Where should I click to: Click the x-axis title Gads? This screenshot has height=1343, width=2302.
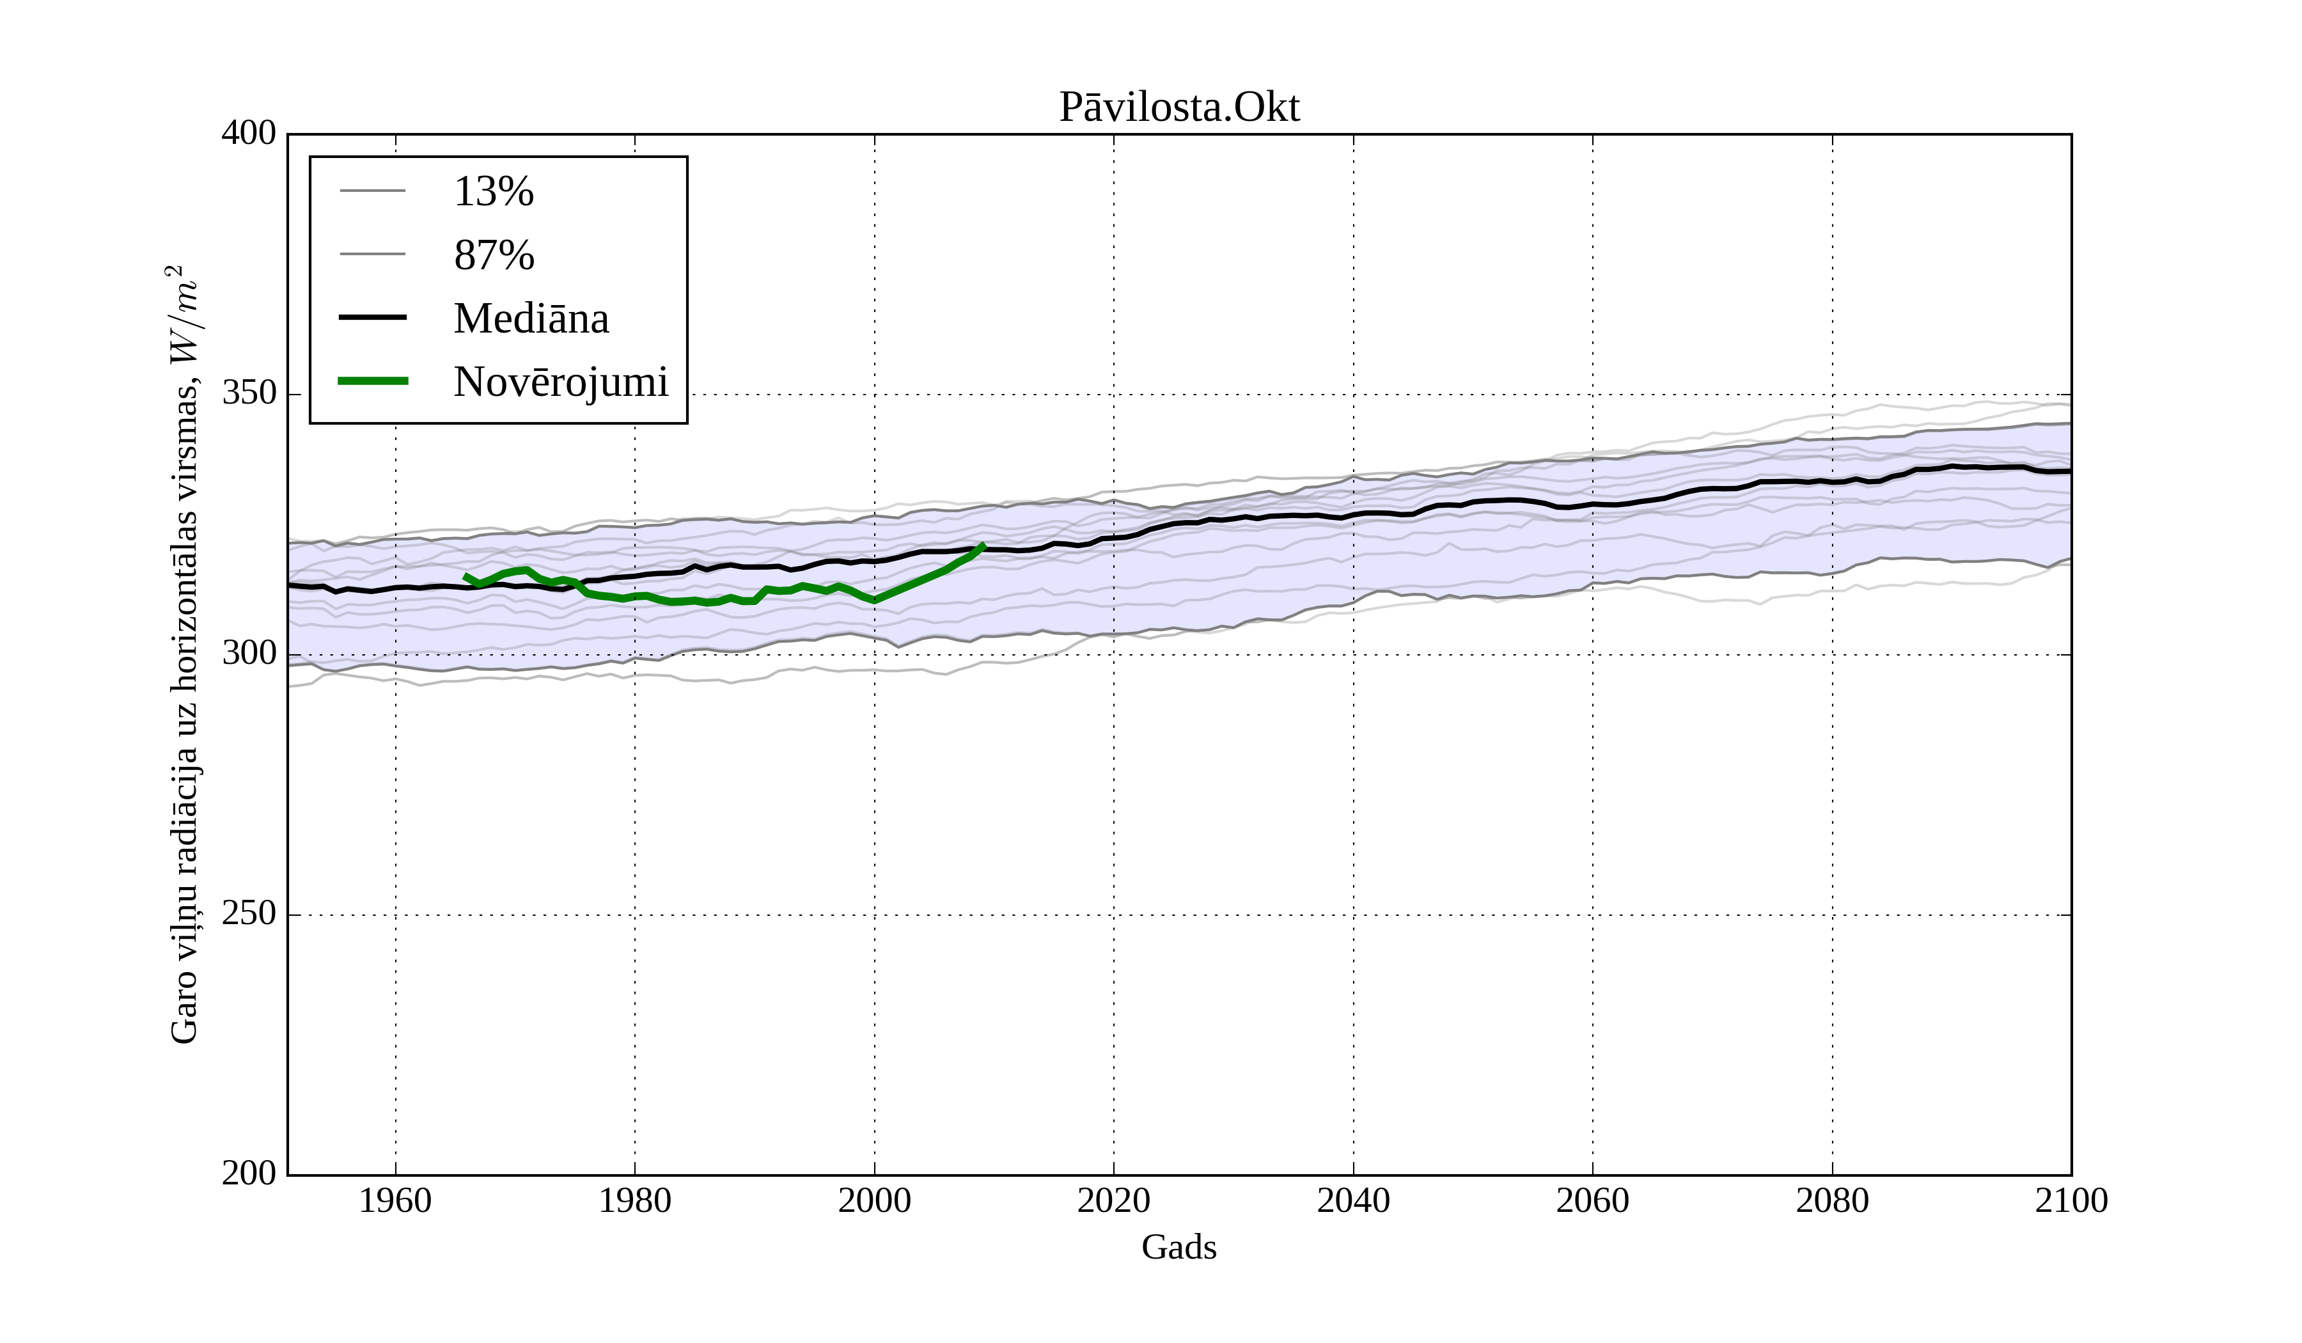click(1178, 1248)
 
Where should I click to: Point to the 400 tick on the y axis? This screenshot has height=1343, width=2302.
click(249, 134)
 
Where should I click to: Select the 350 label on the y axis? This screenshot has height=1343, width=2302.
click(249, 394)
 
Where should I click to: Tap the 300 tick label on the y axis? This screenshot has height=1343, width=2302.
click(249, 654)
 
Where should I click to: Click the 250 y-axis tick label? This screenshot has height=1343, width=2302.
click(249, 914)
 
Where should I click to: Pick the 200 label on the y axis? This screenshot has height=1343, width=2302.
click(249, 1174)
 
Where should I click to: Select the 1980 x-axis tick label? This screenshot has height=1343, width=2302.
click(635, 1200)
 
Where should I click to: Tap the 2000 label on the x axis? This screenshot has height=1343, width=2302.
click(874, 1200)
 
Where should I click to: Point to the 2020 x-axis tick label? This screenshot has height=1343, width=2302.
click(1113, 1200)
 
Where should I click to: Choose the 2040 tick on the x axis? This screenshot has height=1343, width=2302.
click(1353, 1200)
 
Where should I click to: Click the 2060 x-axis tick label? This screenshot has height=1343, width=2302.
click(1592, 1200)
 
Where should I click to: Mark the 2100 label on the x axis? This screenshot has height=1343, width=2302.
click(2071, 1200)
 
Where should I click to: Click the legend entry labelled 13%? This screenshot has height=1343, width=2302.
click(493, 192)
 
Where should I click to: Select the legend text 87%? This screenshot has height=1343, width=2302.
click(493, 255)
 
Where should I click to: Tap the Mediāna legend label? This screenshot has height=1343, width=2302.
click(531, 319)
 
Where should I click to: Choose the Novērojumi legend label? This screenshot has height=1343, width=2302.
click(560, 382)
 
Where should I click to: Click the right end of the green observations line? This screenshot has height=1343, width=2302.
click(983, 546)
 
